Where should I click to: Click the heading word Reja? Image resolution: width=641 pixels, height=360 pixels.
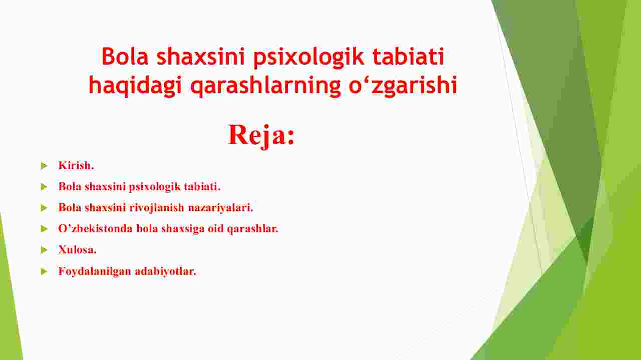coord(261,136)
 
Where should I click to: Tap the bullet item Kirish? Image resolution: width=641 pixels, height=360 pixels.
coord(76,165)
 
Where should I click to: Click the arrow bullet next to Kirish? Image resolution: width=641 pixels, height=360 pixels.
coord(44,165)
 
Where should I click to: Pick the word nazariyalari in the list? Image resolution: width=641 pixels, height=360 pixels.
coord(221,208)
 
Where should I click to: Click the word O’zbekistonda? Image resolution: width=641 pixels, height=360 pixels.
coord(96,229)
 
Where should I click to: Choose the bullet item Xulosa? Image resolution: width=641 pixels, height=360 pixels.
coord(77,250)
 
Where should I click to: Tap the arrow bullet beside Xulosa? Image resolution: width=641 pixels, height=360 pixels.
coord(44,250)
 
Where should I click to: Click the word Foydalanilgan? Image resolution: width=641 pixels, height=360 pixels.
coord(95,271)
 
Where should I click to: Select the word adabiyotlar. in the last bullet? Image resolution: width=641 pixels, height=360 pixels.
coord(165,271)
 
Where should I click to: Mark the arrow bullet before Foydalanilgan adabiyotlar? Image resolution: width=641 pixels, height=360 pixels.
coord(44,271)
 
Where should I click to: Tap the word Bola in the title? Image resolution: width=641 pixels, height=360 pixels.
coord(125,56)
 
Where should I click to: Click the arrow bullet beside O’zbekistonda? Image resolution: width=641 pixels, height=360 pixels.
coord(44,229)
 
